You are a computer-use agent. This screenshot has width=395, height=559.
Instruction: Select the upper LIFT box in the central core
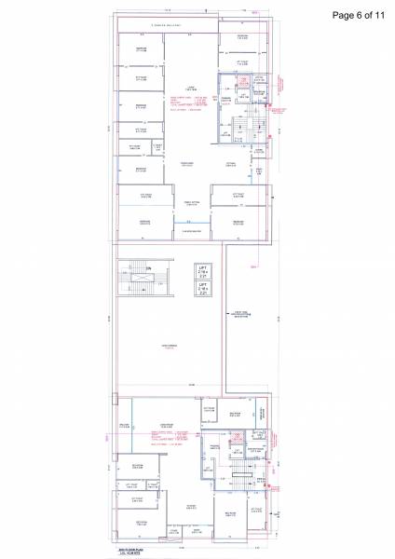coord(202,271)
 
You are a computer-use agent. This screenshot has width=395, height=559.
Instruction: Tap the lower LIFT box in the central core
coord(202,290)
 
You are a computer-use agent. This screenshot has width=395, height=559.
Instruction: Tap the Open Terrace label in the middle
coord(169,347)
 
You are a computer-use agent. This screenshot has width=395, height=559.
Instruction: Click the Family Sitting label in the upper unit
coord(193,202)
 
